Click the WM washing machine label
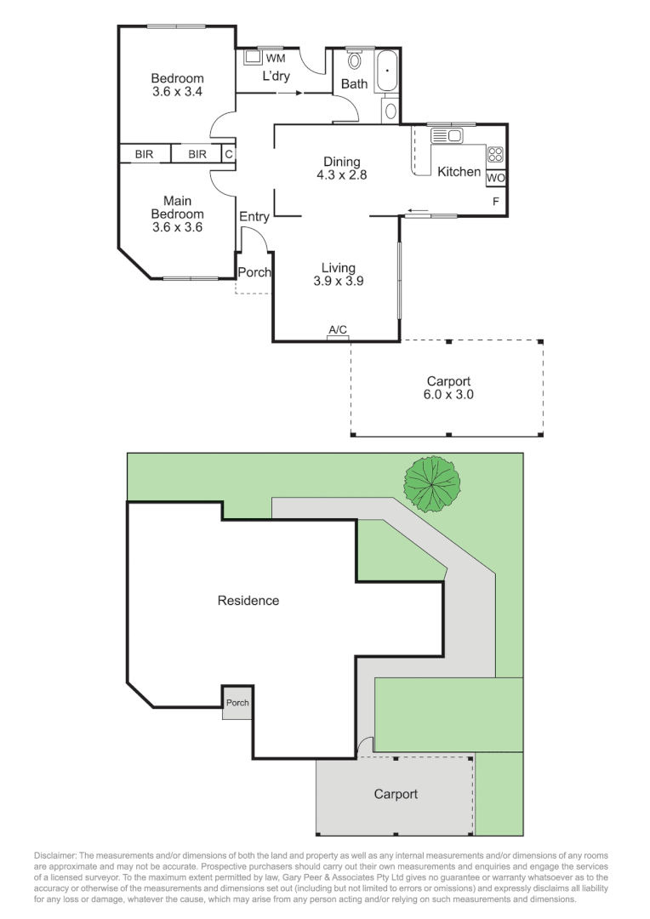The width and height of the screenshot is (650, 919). click(275, 59)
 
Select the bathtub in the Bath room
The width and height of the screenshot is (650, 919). click(386, 71)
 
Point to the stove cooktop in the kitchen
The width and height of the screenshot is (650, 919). click(495, 155)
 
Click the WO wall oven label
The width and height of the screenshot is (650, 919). click(496, 179)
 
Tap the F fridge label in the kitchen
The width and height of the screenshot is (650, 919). click(496, 202)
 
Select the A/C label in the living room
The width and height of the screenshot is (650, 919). click(338, 330)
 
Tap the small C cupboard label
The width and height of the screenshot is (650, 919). click(229, 154)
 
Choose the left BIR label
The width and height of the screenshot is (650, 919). click(144, 154)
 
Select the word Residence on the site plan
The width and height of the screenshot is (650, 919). click(248, 601)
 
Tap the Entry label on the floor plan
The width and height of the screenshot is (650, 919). click(254, 217)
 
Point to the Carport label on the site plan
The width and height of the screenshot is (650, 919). click(396, 794)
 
